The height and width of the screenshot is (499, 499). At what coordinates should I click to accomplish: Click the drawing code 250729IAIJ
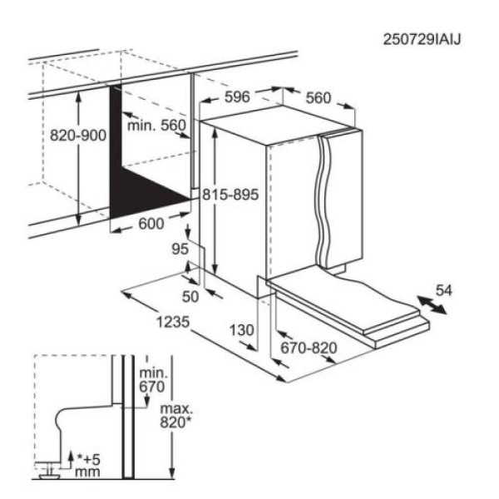(x=422, y=38)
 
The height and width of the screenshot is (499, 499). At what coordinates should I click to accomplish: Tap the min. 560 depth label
(x=157, y=126)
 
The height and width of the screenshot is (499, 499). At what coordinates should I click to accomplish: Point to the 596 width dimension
(x=239, y=97)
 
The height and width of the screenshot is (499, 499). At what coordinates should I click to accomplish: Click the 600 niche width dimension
(x=150, y=223)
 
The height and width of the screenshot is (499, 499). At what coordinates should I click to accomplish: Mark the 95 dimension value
(x=179, y=249)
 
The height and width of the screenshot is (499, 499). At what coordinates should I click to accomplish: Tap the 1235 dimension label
(x=173, y=323)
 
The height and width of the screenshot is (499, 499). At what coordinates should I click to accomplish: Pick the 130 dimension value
(x=241, y=330)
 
